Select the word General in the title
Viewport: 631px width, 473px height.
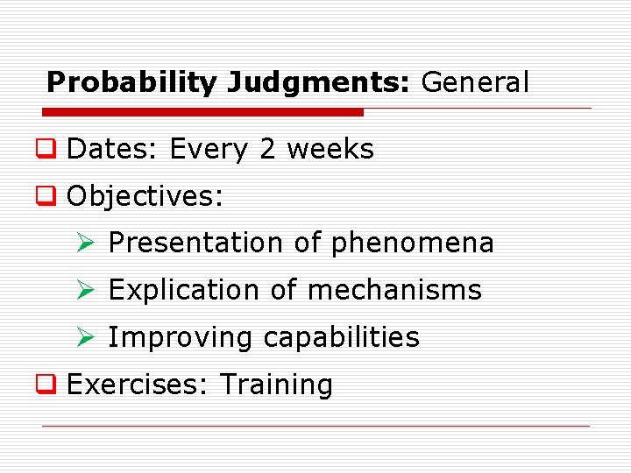pyautogui.click(x=476, y=82)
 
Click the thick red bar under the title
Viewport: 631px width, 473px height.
pyautogui.click(x=203, y=112)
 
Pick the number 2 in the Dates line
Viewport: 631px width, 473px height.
pyautogui.click(x=267, y=150)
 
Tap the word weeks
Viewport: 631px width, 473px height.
pyautogui.click(x=330, y=150)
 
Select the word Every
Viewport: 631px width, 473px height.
pyautogui.click(x=210, y=150)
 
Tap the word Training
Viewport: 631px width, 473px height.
pyautogui.click(x=276, y=385)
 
